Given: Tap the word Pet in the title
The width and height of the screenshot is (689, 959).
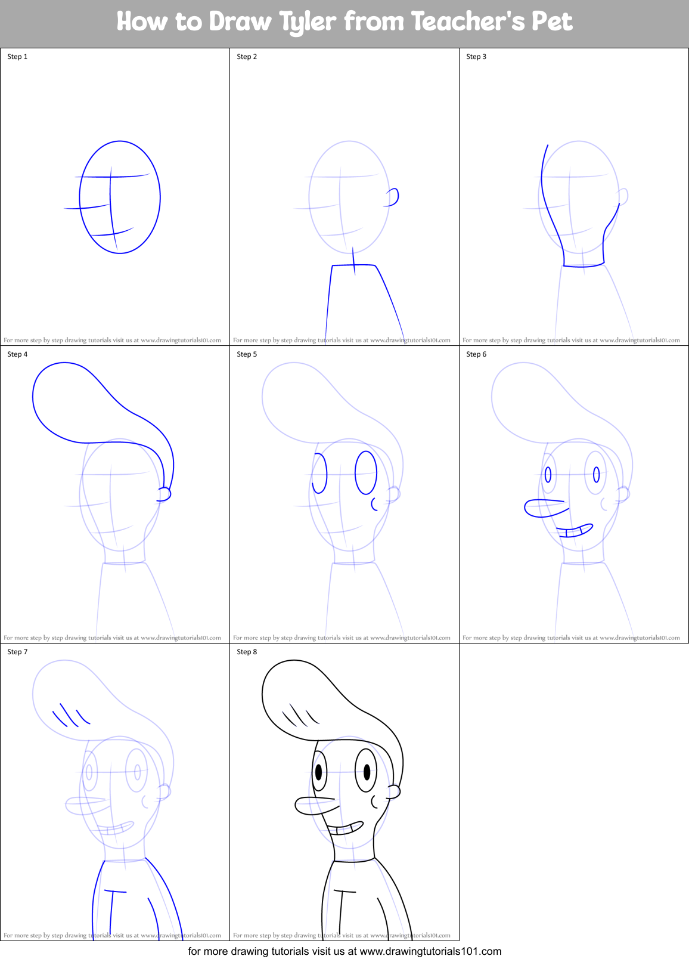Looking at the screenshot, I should point(551,21).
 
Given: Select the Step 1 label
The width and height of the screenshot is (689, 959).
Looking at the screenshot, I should point(17,57).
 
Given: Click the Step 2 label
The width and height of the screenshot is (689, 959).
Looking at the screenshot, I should point(247,57).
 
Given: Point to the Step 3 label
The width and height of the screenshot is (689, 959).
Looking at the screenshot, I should point(476,57).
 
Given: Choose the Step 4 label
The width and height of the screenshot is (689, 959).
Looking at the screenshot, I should point(17,354).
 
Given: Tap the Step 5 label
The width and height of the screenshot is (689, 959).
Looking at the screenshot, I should point(247,354).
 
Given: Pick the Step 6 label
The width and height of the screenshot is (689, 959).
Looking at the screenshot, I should point(476,354).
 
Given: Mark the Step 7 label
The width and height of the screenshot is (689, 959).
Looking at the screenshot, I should point(17,652).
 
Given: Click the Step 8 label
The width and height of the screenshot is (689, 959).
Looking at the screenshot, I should point(247,652).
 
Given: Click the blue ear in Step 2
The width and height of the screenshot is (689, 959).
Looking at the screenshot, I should point(393,197).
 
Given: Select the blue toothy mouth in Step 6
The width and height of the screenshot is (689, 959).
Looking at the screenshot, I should point(575,530).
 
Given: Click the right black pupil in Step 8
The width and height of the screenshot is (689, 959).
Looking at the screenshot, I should point(366,772).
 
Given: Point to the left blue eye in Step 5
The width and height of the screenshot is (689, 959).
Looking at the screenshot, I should point(320,474).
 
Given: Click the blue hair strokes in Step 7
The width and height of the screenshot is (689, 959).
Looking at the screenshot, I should point(70,715).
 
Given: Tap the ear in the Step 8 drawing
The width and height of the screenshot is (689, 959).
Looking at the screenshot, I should point(393,792).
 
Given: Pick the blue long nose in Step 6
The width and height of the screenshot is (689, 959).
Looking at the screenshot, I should point(544,508).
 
